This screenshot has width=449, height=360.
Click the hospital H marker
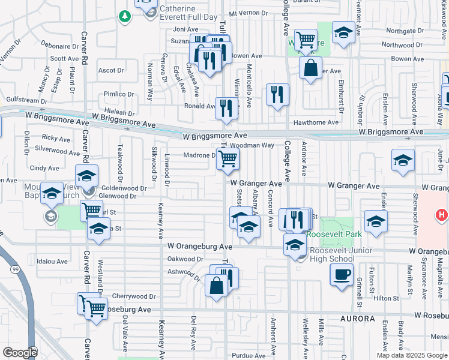pyautogui.click(x=441, y=214)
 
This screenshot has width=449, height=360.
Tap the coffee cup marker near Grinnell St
pyautogui.click(x=342, y=275)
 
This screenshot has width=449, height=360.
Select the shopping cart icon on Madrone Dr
pyautogui.click(x=228, y=159)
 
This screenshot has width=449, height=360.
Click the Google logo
pyautogui.click(x=20, y=352)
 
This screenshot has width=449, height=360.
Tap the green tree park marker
pyautogui.click(x=125, y=17)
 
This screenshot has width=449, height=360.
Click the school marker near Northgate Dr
pyautogui.click(x=343, y=33)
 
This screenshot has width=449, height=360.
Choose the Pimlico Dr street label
pyautogui.click(x=119, y=94)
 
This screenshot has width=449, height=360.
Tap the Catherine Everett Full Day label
pyautogui.click(x=187, y=13)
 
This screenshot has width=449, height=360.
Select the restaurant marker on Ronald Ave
pyautogui.click(x=226, y=108)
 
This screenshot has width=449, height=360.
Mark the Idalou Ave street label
pyautogui.click(x=52, y=262)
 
